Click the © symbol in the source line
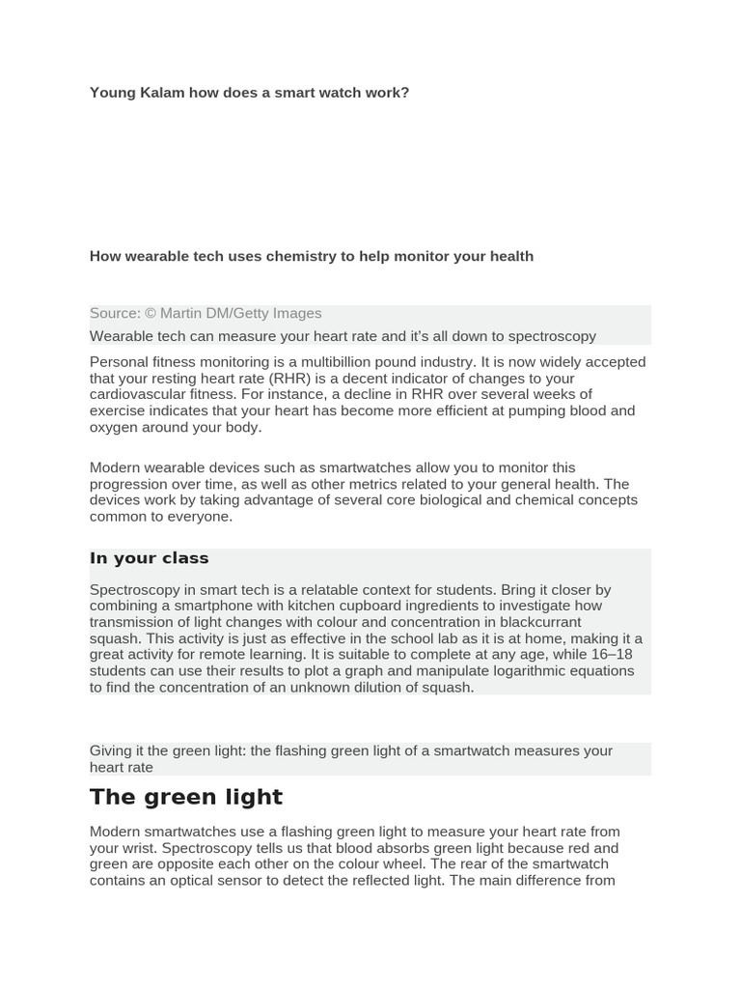[x=151, y=313]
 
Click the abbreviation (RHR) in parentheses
[x=287, y=379]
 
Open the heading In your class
[x=150, y=558]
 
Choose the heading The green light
[x=186, y=797]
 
